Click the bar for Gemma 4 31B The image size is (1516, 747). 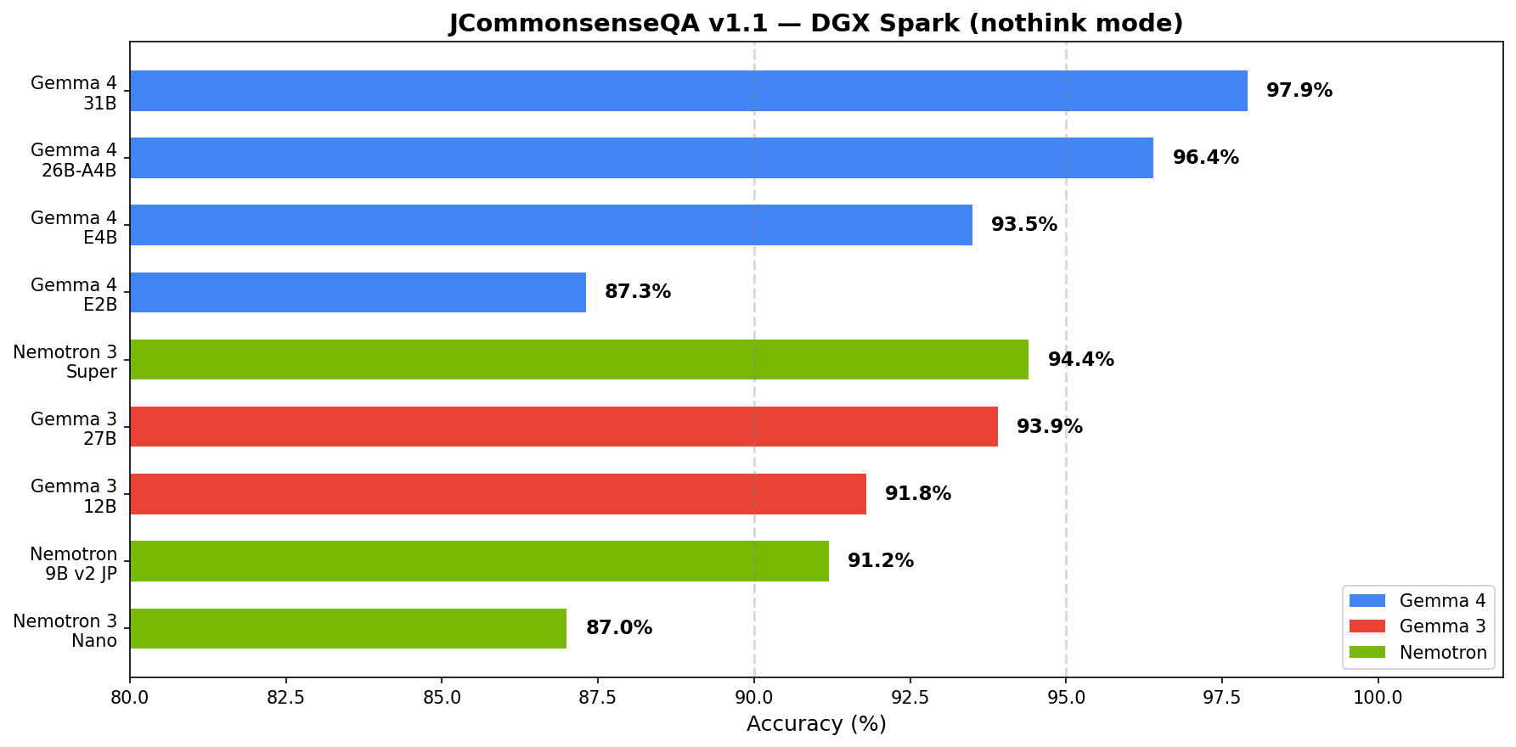coord(688,91)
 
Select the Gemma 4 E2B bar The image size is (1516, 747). coord(358,292)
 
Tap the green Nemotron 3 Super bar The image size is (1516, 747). coord(578,359)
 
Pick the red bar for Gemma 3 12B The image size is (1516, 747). coord(498,494)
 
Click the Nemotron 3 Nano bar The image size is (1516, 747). coord(347,628)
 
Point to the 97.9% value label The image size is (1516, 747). coord(1299,91)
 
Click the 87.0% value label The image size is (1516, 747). coord(619,628)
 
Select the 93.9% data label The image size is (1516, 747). coord(1050,427)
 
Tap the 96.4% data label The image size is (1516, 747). coord(1205,158)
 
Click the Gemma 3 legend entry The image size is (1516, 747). coord(1442,626)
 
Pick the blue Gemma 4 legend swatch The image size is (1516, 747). coord(1367,601)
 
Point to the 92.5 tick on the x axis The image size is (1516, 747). coord(910,698)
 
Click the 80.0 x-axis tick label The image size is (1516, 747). coord(130,698)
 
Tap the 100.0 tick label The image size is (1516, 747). coord(1378,698)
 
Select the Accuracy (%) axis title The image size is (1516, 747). coord(816,724)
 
